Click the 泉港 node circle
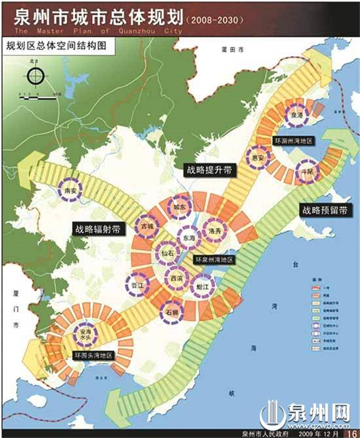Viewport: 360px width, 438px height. click(297, 116)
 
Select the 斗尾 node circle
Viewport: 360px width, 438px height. click(305, 172)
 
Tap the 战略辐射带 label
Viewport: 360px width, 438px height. click(97, 228)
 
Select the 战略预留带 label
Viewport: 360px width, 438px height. click(325, 211)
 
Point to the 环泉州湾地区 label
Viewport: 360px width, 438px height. click(214, 260)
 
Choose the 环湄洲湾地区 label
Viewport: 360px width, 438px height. click(294, 140)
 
